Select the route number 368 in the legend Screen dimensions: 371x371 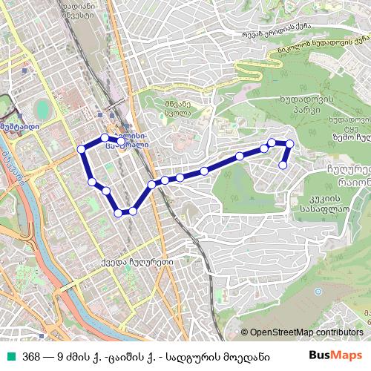pos(31,355)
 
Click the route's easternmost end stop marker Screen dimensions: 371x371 pos(283,165)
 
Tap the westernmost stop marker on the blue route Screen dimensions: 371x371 pos(81,149)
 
